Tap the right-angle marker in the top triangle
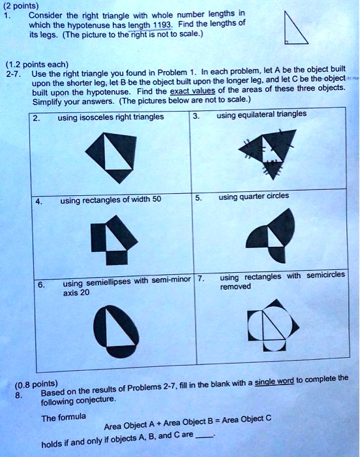tap(286, 42)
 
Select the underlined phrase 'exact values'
tap(192, 91)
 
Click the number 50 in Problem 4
tap(157, 199)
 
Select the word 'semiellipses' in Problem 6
tap(109, 282)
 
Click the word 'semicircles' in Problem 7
tap(325, 275)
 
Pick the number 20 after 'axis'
tap(85, 292)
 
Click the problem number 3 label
tap(196, 116)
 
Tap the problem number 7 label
tap(201, 278)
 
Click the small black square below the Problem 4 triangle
tap(117, 258)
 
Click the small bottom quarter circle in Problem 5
tap(276, 255)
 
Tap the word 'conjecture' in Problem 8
tap(95, 400)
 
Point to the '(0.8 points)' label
tap(37, 385)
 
